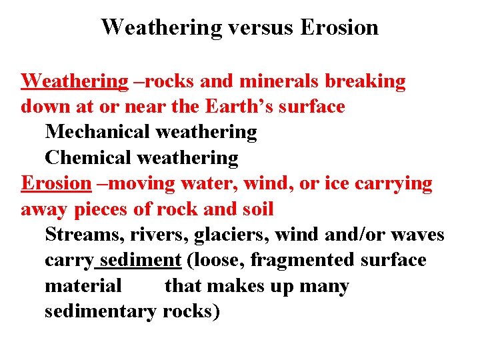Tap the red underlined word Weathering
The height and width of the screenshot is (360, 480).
point(74,81)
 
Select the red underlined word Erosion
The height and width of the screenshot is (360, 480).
point(55,183)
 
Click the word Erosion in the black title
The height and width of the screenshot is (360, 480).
point(339,27)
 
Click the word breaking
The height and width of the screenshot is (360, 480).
point(365,82)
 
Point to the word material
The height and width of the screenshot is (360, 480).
point(83,286)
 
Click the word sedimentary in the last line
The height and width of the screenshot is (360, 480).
point(100,311)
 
